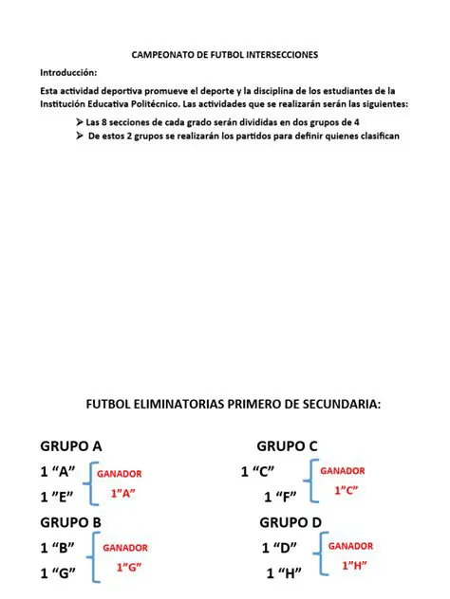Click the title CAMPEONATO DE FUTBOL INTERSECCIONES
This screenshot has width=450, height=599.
point(224,55)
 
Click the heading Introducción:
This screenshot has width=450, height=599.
point(67,73)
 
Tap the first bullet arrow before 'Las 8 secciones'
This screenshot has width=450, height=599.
point(79,122)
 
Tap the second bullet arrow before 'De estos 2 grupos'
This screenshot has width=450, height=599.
point(79,136)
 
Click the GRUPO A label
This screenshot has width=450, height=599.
point(70,446)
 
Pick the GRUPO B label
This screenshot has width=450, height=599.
point(70,522)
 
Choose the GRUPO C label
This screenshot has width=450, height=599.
point(287,446)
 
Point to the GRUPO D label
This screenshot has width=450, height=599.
point(290,522)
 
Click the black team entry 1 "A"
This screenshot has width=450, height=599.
point(58,471)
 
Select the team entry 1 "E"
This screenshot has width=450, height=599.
point(58,497)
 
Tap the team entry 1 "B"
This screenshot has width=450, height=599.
point(58,547)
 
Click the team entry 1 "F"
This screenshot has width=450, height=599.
point(279,497)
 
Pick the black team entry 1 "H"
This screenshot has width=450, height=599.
point(284,572)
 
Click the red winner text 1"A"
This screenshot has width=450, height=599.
point(123,493)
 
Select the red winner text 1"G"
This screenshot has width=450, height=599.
point(128,568)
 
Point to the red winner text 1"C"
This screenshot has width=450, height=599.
point(345,490)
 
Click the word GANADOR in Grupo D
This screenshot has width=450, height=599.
point(350,546)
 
